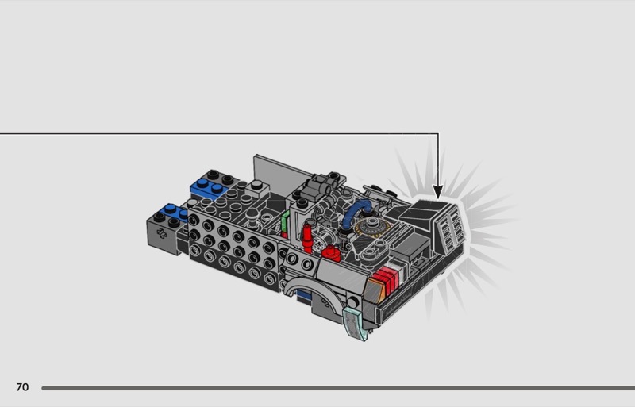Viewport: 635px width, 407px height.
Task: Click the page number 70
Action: coord(22,387)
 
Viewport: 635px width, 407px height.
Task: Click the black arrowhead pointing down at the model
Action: coord(438,191)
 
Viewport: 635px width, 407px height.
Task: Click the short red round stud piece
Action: coord(331,252)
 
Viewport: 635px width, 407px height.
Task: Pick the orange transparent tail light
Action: coord(373,289)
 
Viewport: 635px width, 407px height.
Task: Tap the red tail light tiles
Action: coord(387,280)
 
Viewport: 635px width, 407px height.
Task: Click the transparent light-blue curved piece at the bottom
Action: coord(355,322)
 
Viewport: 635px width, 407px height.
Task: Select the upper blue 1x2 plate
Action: coord(210,188)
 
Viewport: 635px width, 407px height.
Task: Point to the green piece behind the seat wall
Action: coord(285,223)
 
